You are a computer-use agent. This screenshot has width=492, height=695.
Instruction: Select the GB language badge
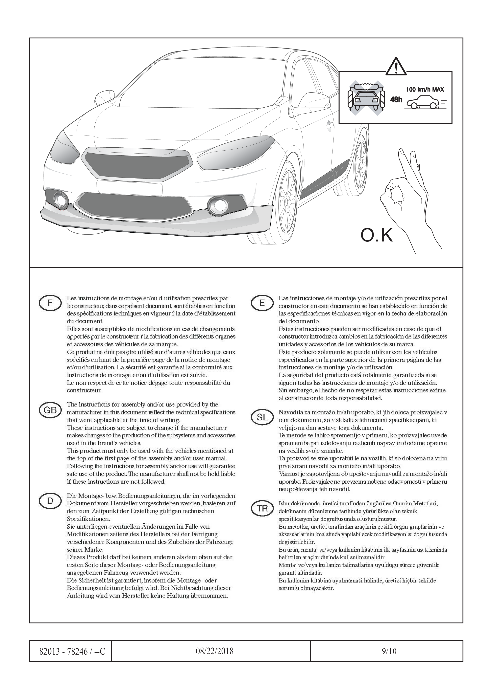pyautogui.click(x=50, y=410)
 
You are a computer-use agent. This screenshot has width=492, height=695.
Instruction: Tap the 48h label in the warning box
pyautogui.click(x=396, y=99)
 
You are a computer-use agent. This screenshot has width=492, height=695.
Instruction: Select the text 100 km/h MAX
pyautogui.click(x=425, y=90)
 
